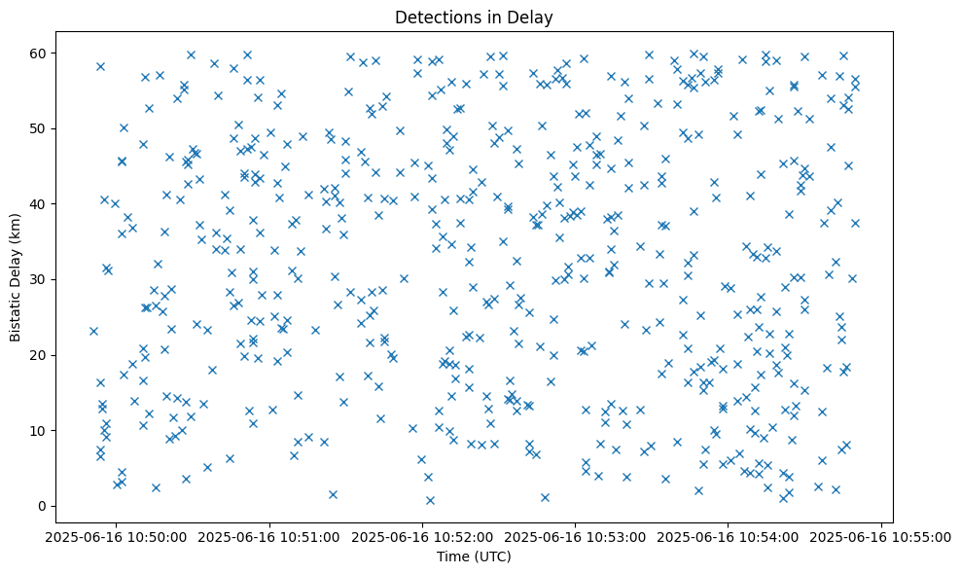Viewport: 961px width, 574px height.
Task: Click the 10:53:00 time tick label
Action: (x=576, y=536)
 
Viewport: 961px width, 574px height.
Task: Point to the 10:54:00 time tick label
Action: (x=729, y=536)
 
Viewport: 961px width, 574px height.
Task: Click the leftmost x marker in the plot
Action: (x=93, y=331)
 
